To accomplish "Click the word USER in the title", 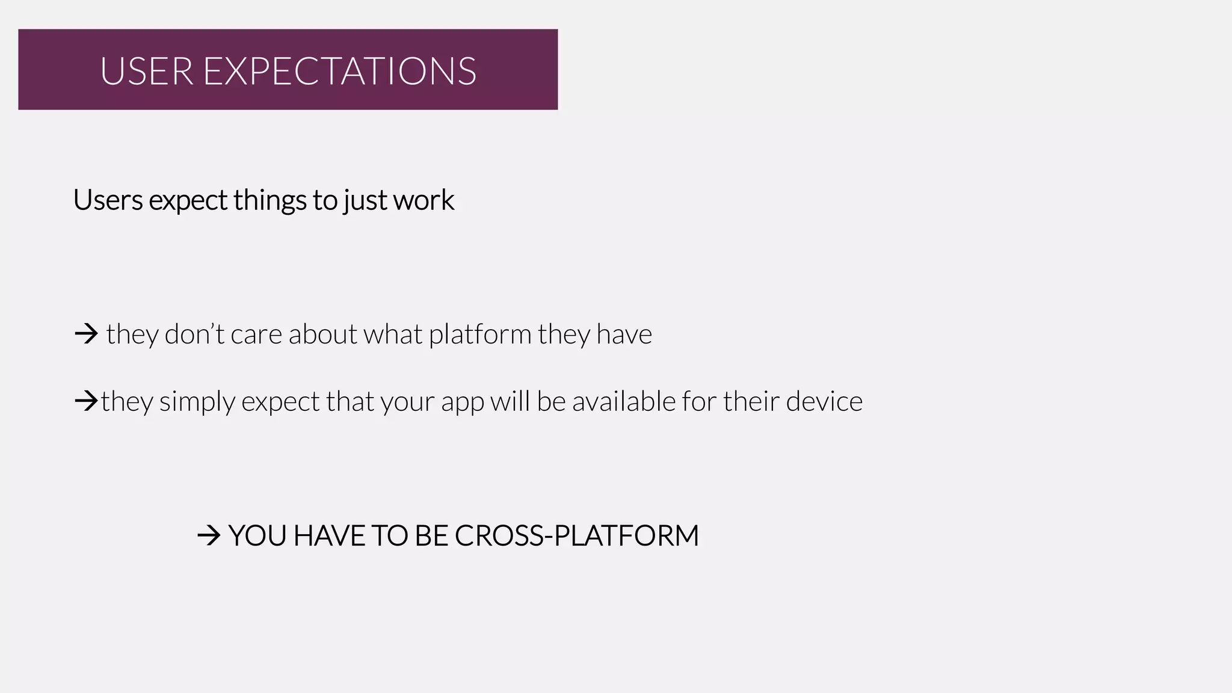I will [146, 71].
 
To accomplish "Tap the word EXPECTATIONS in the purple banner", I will [340, 71].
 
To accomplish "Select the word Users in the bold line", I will [108, 200].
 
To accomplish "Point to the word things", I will [269, 200].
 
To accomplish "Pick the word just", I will [364, 201].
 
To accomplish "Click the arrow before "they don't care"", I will [86, 333].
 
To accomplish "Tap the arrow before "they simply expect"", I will [85, 401].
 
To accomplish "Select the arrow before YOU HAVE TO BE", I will [209, 535].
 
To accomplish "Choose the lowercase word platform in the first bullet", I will [480, 334].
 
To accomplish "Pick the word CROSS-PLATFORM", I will [576, 535].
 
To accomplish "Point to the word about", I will [322, 334].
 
